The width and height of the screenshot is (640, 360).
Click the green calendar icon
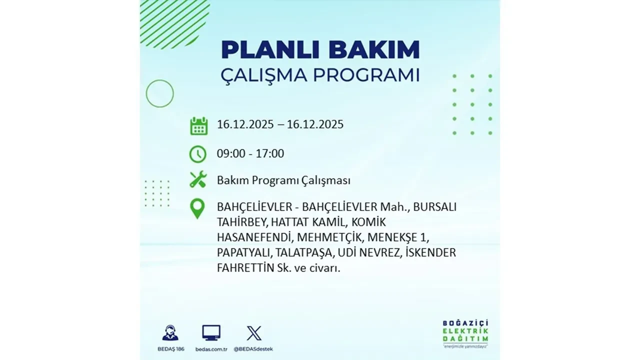coord(198,125)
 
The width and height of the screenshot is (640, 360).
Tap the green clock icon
coord(198,154)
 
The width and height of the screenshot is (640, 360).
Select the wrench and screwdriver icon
coord(198,179)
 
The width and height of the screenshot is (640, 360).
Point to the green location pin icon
coord(198,208)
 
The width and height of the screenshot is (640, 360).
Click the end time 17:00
coord(270,153)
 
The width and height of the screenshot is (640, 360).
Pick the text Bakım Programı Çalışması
coord(283,180)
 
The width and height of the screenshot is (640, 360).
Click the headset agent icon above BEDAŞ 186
coord(170,332)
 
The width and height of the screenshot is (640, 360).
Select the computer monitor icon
coord(211,332)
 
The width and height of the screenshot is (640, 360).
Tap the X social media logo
coord(253,332)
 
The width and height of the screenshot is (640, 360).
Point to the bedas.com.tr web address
coord(211,348)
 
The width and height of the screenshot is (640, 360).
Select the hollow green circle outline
coord(159,93)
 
